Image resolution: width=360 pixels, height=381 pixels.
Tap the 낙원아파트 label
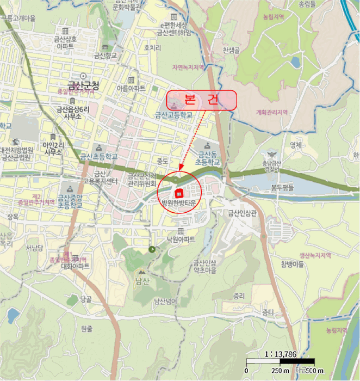click(x=181, y=238)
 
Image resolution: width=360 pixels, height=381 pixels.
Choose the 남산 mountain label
click(x=141, y=281)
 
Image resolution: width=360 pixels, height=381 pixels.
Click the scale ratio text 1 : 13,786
click(x=281, y=354)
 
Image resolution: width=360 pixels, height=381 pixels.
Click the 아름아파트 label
click(x=131, y=88)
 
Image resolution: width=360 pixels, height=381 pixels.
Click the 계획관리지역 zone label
click(x=271, y=113)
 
